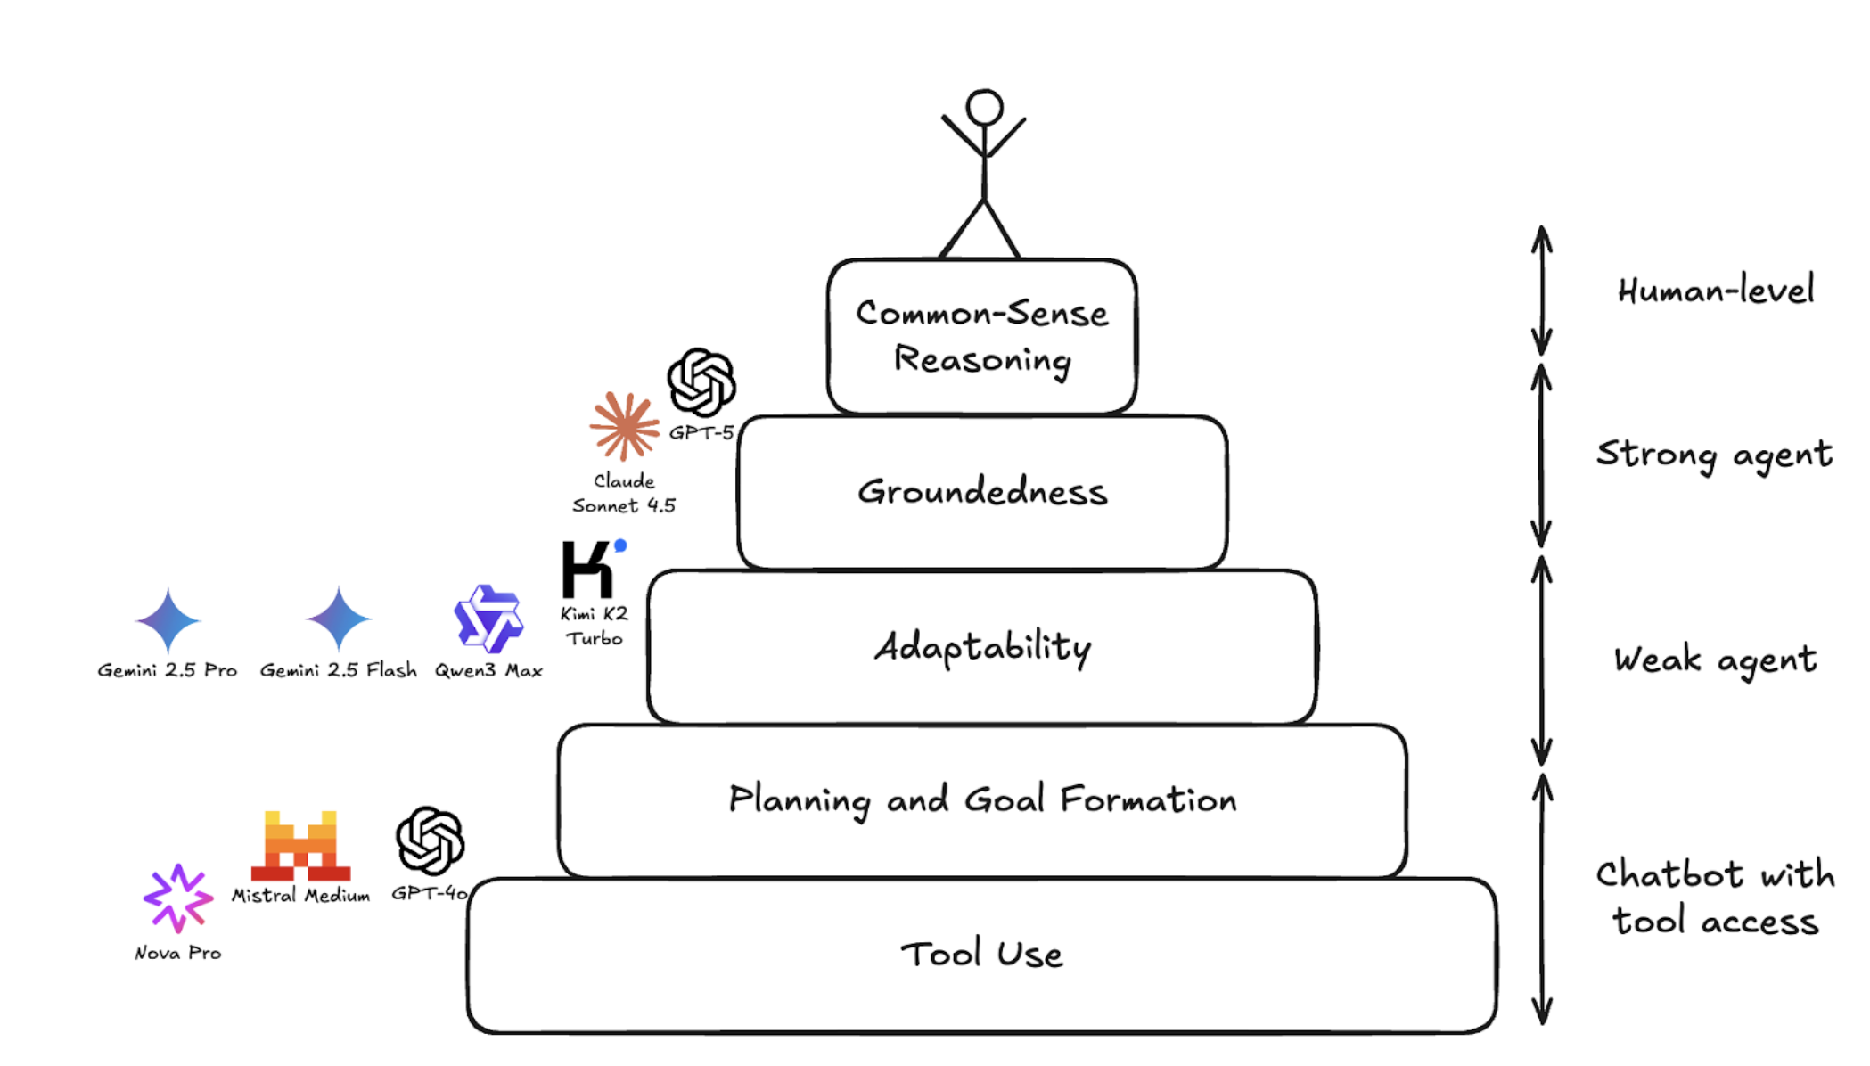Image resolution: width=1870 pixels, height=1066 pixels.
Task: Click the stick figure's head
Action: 984,107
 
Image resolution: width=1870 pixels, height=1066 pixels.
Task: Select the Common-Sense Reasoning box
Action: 981,336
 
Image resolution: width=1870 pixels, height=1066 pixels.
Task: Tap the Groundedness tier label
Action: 982,492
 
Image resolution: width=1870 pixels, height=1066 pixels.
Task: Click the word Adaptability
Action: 982,646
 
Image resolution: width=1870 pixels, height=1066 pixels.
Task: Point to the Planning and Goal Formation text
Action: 982,799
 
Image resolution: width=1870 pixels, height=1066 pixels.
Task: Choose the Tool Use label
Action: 981,955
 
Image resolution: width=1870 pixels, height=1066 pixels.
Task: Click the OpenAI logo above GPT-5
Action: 701,382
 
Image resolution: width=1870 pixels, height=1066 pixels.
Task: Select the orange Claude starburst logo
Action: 624,426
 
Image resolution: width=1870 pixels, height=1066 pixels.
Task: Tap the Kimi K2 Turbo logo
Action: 590,569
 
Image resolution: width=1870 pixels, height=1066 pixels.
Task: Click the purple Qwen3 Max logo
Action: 488,619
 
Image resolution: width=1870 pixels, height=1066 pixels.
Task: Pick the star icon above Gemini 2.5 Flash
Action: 339,619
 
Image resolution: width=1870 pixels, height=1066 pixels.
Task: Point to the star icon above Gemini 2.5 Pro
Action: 168,619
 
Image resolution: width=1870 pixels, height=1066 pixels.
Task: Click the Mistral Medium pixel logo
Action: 300,846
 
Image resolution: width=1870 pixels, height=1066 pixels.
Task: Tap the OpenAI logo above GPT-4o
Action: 430,840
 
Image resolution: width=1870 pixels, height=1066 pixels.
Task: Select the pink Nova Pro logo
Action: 177,898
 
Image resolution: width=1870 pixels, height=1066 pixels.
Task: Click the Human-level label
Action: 1715,291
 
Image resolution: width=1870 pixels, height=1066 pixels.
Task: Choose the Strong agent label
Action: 1713,455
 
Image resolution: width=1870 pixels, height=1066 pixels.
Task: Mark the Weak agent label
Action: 1714,660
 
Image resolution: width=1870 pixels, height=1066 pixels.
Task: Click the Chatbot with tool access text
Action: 1715,898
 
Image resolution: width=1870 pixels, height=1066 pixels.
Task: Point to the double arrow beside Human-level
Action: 1542,291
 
